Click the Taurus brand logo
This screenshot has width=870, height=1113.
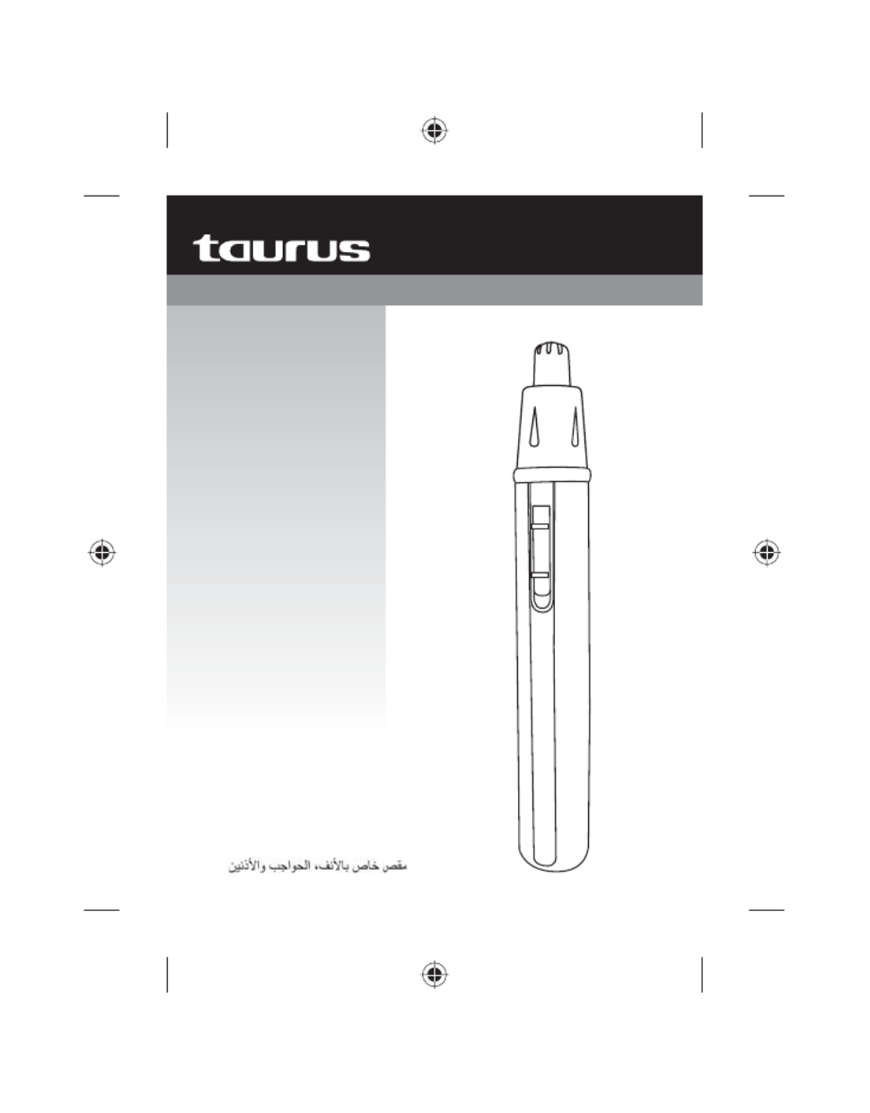(281, 249)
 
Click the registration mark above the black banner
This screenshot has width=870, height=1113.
(435, 130)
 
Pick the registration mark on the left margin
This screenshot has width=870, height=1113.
(102, 553)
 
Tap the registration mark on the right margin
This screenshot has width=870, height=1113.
(767, 553)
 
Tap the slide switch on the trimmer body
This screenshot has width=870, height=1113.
(540, 557)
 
